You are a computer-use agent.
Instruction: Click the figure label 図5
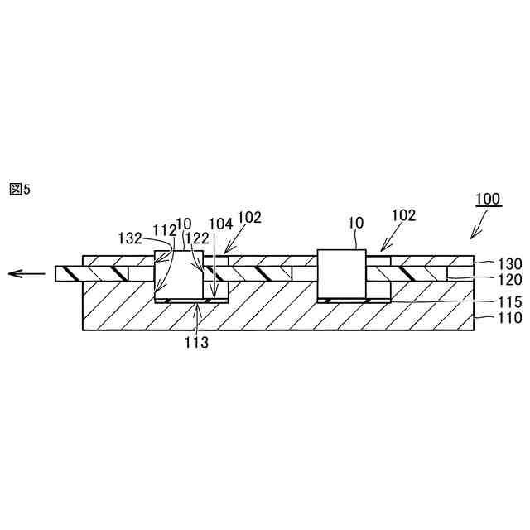click(19, 190)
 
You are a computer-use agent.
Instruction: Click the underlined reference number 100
click(487, 199)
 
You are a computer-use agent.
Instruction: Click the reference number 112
click(164, 229)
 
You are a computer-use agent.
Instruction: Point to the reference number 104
click(220, 224)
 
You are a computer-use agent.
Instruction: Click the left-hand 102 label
click(249, 219)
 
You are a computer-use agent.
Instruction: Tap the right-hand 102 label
click(402, 216)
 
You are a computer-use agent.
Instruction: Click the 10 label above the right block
click(355, 224)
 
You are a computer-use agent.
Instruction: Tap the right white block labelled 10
click(342, 273)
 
